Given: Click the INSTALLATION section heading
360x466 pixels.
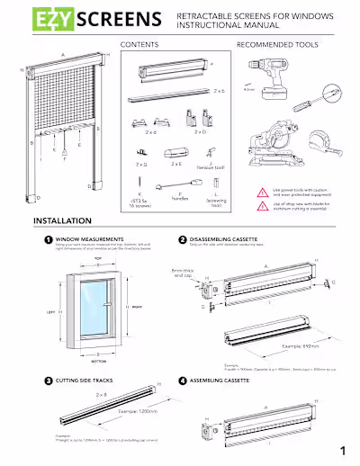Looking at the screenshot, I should tap(61, 221).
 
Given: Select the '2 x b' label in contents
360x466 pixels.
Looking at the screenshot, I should tap(220, 91).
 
